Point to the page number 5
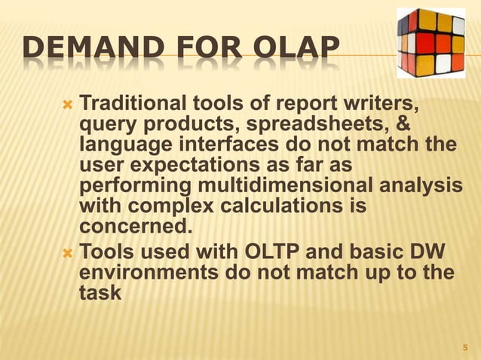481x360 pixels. pos(465,348)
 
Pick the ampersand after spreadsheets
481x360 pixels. pos(406,123)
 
